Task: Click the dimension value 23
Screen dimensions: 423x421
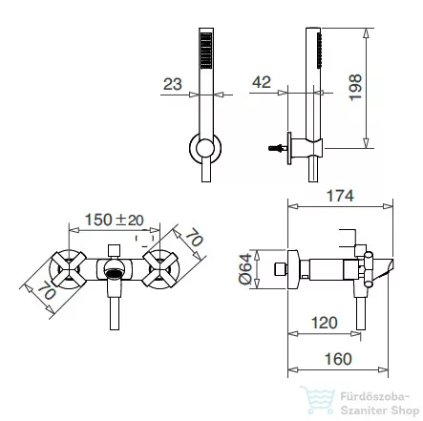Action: pyautogui.click(x=173, y=84)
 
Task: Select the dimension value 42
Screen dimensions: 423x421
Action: pyautogui.click(x=262, y=82)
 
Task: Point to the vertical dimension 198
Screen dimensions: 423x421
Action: pyautogui.click(x=355, y=88)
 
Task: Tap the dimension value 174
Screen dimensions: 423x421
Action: pyautogui.click(x=340, y=196)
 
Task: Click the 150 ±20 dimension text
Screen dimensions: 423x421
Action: pyautogui.click(x=114, y=220)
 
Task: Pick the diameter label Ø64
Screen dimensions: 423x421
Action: pyautogui.click(x=245, y=269)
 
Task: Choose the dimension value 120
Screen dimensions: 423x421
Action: pyautogui.click(x=324, y=323)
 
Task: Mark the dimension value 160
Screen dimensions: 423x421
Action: pyautogui.click(x=338, y=359)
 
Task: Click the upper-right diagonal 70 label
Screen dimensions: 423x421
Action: pyautogui.click(x=194, y=238)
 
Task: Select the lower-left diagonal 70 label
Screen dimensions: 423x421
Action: pyautogui.click(x=47, y=290)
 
